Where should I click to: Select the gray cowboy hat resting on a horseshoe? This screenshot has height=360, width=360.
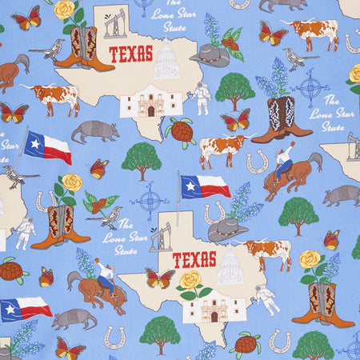(x=227, y=230)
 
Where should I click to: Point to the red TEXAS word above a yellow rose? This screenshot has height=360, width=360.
(x=194, y=259)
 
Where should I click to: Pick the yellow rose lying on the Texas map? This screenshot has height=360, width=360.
(x=190, y=280)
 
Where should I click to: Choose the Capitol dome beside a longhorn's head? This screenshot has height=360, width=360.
(x=230, y=268)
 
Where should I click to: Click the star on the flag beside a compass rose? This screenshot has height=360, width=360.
(x=190, y=186)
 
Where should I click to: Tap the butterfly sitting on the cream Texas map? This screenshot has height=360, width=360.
(x=159, y=278)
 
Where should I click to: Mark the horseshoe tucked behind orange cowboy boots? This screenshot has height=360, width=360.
(x=42, y=200)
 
